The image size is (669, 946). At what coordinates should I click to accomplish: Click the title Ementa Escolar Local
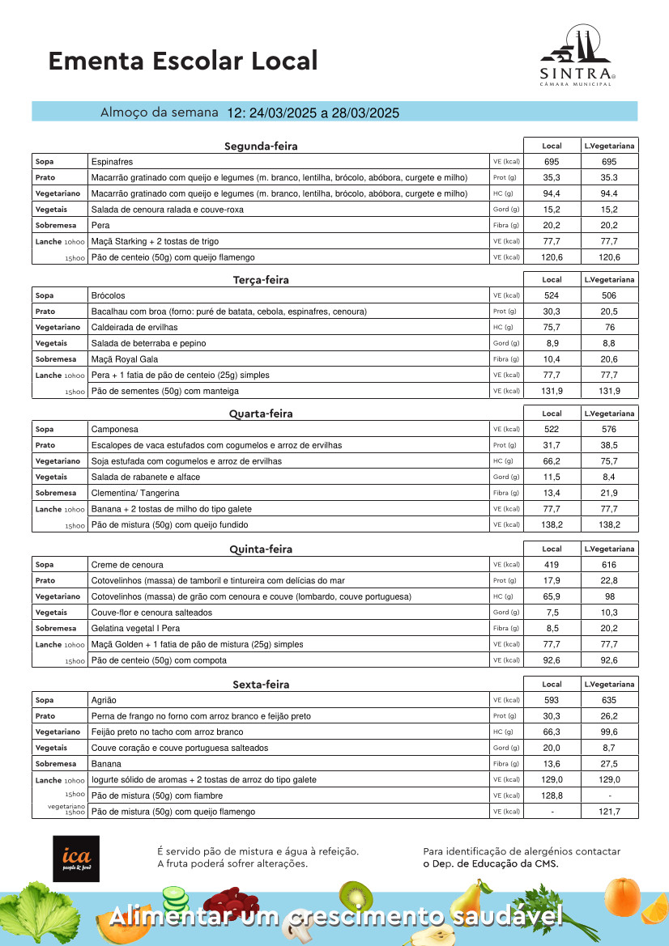[x=183, y=61]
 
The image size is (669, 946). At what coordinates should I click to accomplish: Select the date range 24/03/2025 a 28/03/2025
[x=313, y=113]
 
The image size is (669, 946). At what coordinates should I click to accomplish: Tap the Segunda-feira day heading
[x=261, y=146]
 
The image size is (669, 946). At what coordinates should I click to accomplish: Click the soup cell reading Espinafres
[x=113, y=162]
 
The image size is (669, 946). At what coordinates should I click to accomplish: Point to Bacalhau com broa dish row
[x=228, y=312]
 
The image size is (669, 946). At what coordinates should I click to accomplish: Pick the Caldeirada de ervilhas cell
[x=134, y=327]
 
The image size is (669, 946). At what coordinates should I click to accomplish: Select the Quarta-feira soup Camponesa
[x=115, y=430]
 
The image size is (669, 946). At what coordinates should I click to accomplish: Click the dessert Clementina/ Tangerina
[x=135, y=493]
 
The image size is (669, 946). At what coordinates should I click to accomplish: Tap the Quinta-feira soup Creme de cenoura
[x=127, y=565]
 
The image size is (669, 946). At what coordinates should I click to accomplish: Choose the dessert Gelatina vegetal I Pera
[x=135, y=629]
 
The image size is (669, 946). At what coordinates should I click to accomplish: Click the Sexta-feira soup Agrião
[x=104, y=700]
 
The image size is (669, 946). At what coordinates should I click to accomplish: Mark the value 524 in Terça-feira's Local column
[x=552, y=295]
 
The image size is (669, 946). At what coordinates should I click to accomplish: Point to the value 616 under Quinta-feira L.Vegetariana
[x=609, y=565]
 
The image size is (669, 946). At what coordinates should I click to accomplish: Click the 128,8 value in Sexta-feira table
[x=552, y=795]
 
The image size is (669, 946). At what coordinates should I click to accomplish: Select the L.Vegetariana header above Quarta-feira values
[x=609, y=414]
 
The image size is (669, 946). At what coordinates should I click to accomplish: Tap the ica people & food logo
[x=76, y=859]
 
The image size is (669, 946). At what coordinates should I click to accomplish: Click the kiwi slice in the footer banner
[x=355, y=895]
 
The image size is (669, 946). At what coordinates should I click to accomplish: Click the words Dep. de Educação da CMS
[x=491, y=863]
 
